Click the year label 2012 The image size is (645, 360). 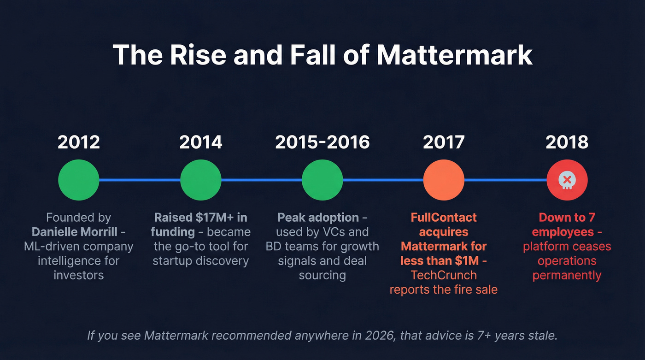tap(78, 142)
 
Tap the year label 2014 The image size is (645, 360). tap(200, 142)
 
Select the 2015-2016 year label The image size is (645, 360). tap(322, 142)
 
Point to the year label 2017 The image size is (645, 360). tap(444, 142)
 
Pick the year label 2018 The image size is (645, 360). tap(567, 142)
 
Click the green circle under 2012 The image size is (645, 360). tap(79, 180)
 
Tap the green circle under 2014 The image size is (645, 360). tap(200, 180)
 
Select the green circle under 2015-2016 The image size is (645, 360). tap(322, 180)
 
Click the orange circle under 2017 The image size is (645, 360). tap(444, 180)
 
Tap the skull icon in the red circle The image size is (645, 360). tap(567, 180)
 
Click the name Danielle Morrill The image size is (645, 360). tap(75, 231)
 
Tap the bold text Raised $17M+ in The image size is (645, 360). tap(200, 217)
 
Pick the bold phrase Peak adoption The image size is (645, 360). tap(318, 217)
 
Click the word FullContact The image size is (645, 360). tap(444, 217)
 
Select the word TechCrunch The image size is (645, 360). tap(444, 275)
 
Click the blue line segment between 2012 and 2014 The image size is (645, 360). tap(140, 180)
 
